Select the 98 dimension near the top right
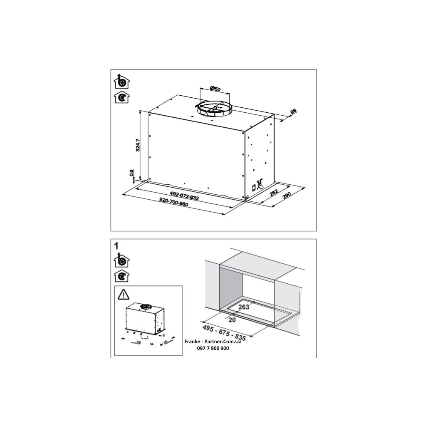(x=292, y=112)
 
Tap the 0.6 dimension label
(x=131, y=173)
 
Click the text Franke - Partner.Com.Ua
(x=213, y=342)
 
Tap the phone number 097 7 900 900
(x=213, y=348)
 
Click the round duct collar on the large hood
(x=214, y=109)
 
